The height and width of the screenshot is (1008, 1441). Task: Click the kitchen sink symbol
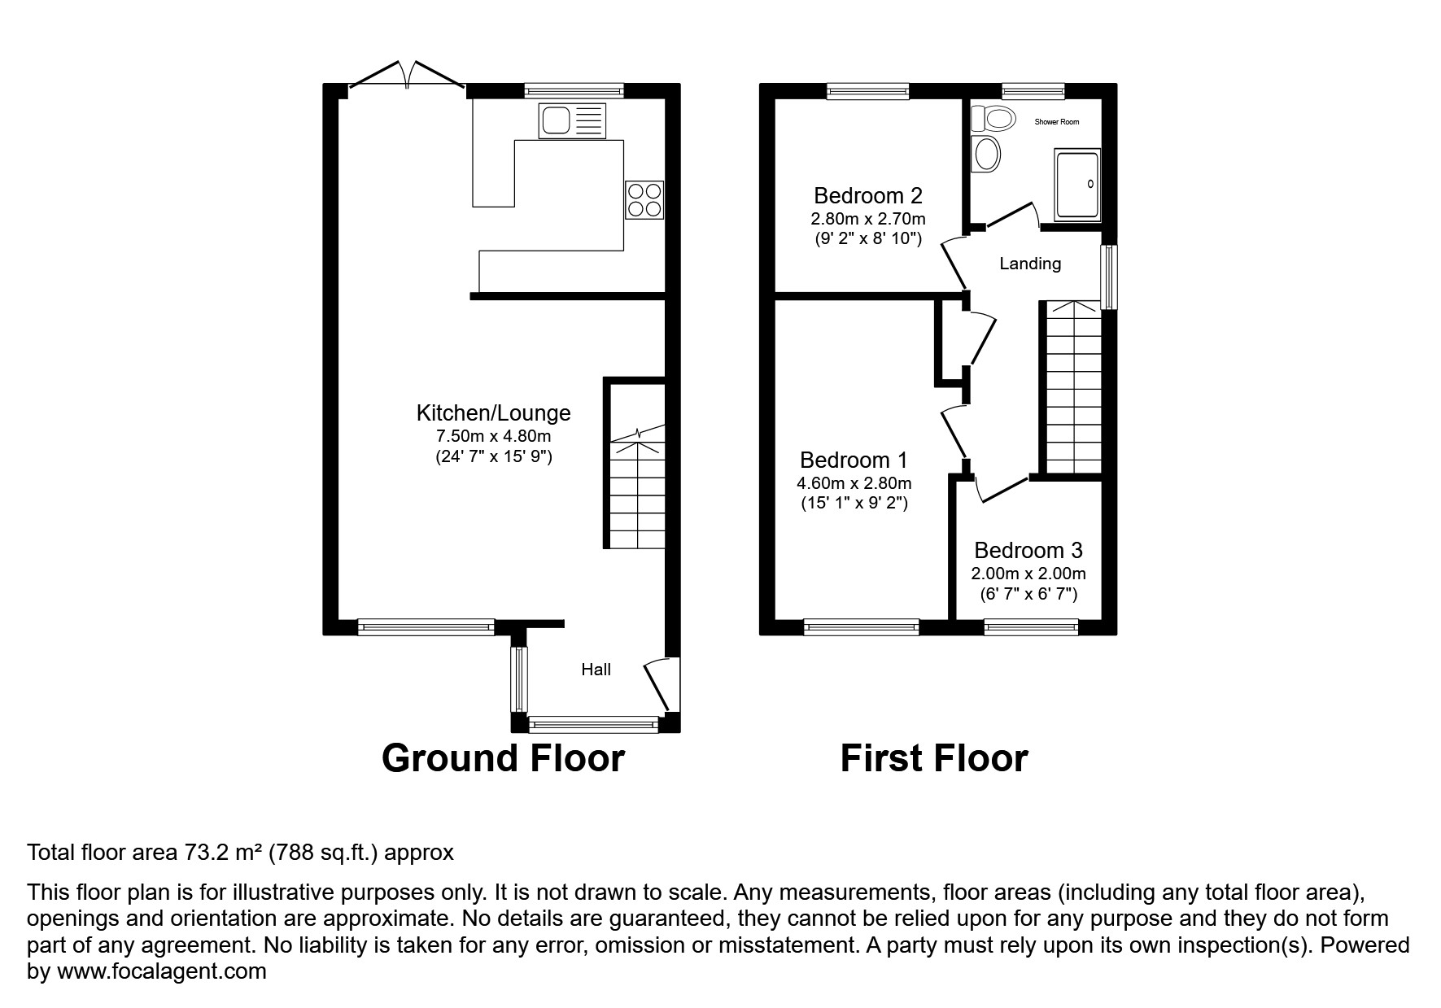pyautogui.click(x=572, y=121)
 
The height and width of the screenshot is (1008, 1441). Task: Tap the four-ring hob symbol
pyautogui.click(x=644, y=199)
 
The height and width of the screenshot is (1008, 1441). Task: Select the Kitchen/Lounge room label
pyautogui.click(x=493, y=413)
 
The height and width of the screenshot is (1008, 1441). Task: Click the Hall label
pyautogui.click(x=596, y=670)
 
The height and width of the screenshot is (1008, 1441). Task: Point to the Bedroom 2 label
pyautogui.click(x=867, y=196)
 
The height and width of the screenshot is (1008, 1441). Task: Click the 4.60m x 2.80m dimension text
pyautogui.click(x=854, y=483)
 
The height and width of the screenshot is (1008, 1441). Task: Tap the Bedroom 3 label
pyautogui.click(x=1028, y=551)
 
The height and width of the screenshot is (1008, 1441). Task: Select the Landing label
pyautogui.click(x=1030, y=264)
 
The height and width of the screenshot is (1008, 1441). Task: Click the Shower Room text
pyautogui.click(x=1056, y=122)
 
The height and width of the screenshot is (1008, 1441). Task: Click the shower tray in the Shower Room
pyautogui.click(x=1077, y=185)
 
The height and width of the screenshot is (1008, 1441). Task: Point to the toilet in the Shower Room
pyautogui.click(x=993, y=119)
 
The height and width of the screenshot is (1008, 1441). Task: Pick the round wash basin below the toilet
pyautogui.click(x=987, y=154)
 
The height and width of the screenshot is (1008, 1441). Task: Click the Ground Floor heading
pyautogui.click(x=503, y=758)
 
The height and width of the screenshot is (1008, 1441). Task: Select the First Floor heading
pyautogui.click(x=933, y=758)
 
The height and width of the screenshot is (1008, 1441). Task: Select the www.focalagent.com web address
pyautogui.click(x=161, y=971)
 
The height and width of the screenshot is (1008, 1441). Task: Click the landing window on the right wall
pyautogui.click(x=1108, y=277)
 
